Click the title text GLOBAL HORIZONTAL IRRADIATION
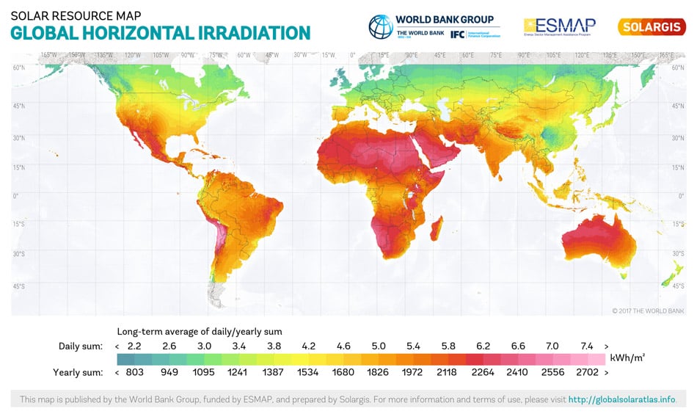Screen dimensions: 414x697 point(160,32)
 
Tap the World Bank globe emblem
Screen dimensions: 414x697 point(381,26)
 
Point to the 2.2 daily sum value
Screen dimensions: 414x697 point(134,346)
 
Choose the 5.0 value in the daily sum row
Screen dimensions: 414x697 point(378,346)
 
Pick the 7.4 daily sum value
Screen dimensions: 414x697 point(588,346)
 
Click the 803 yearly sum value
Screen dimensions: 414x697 point(134,372)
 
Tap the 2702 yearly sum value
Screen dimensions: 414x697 point(588,372)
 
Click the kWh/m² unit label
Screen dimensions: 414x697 point(627,358)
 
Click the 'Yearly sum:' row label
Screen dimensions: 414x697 point(77,372)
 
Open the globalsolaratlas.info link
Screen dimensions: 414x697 point(621,400)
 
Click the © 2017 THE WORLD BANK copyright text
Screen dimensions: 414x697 point(648,311)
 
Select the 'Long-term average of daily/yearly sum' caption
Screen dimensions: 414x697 point(200,331)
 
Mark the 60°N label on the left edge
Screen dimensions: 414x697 point(20,68)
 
